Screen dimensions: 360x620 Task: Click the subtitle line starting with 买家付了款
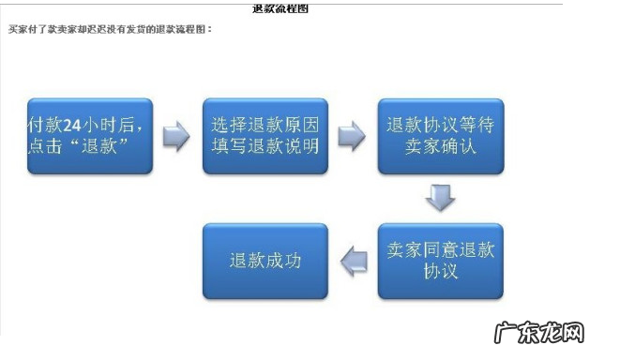pos(111,29)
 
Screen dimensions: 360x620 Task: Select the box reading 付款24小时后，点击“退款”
pos(90,136)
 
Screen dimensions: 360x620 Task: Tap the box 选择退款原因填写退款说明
pos(265,136)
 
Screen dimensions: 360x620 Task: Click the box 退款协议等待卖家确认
pos(440,136)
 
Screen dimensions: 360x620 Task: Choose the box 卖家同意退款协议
pos(440,261)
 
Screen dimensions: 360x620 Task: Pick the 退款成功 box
pos(265,261)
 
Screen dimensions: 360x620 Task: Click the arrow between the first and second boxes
pos(177,136)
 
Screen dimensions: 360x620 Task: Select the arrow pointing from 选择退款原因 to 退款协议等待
pos(353,136)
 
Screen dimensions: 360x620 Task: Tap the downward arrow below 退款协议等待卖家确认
pos(440,198)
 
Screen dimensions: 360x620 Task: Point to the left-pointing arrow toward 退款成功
pos(353,261)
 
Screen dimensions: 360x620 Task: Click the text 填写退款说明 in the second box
pos(265,147)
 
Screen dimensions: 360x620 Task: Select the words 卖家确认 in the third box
pos(440,147)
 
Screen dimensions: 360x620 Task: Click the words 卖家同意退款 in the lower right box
pos(440,249)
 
